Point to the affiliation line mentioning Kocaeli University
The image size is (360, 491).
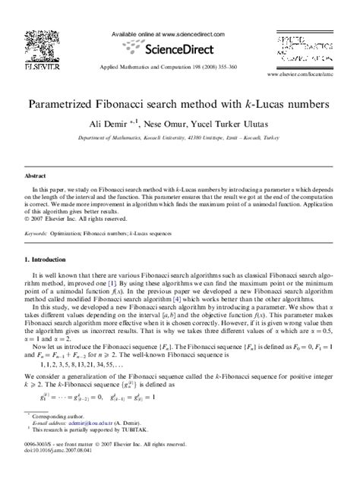tap(179, 138)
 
